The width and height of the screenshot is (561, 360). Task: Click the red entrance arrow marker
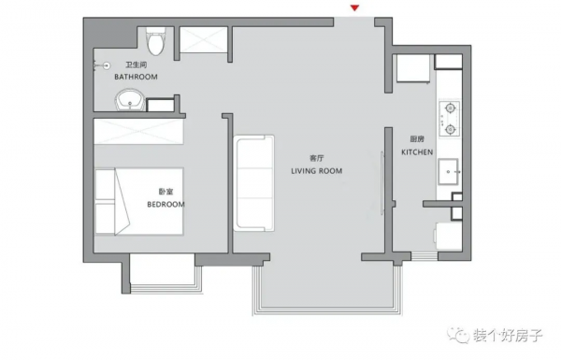pos(354,7)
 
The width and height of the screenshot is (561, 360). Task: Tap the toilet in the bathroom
pos(156,41)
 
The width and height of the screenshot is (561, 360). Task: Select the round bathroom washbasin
pos(130,100)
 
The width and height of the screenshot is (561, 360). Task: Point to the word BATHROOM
pos(136,77)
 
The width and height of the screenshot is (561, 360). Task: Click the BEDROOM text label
pos(166,205)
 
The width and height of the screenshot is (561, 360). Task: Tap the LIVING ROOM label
pos(317,171)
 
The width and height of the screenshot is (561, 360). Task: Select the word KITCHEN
pos(417,152)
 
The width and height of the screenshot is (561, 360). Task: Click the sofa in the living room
pos(254,183)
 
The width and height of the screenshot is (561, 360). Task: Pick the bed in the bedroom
pos(139,201)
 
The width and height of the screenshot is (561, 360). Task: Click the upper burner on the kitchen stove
pos(450,108)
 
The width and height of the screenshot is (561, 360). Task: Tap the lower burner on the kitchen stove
pos(450,129)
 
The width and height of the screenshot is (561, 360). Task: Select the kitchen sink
pos(448,172)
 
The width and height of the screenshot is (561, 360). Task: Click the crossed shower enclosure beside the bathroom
pos(203,39)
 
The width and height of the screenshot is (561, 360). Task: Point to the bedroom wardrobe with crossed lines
pos(138,132)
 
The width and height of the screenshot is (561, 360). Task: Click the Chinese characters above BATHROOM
pos(136,65)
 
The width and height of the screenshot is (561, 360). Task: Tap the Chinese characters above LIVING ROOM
pos(317,158)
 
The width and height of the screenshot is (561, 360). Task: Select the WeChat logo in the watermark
pos(458,335)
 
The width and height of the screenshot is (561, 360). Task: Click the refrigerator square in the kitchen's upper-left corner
pos(413,68)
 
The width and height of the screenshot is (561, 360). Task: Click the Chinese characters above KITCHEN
pos(417,139)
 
